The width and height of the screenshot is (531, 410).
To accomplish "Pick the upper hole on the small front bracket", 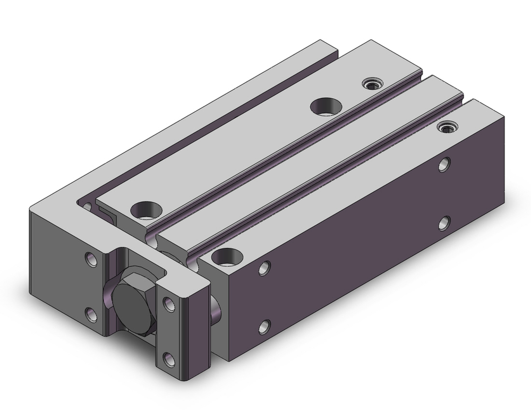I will pyautogui.click(x=169, y=304).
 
